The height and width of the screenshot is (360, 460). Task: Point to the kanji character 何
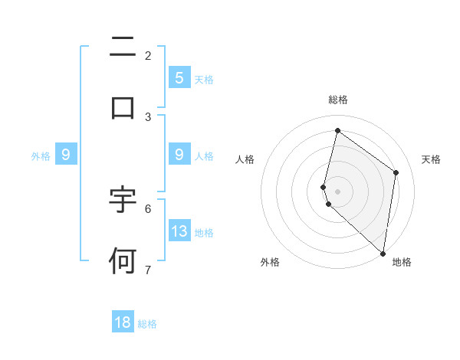123,261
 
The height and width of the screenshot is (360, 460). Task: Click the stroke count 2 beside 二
148,55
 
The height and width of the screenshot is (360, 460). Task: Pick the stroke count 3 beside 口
148,116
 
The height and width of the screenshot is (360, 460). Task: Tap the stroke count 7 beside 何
148,270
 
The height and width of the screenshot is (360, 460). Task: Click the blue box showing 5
179,77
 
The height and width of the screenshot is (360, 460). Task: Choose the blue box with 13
179,231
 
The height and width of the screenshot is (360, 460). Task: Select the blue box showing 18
123,322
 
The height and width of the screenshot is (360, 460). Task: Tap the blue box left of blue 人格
179,155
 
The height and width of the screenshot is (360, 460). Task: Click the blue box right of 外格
66,155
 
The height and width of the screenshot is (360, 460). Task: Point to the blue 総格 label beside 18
147,324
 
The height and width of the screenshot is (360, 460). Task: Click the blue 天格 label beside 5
204,79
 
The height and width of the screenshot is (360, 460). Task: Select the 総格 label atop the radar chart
337,100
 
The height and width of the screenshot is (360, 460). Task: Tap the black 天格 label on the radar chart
431,159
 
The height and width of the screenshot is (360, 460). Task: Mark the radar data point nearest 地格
383,252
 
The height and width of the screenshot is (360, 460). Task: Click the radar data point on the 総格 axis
337,130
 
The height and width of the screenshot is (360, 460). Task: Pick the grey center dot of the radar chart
337,191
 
